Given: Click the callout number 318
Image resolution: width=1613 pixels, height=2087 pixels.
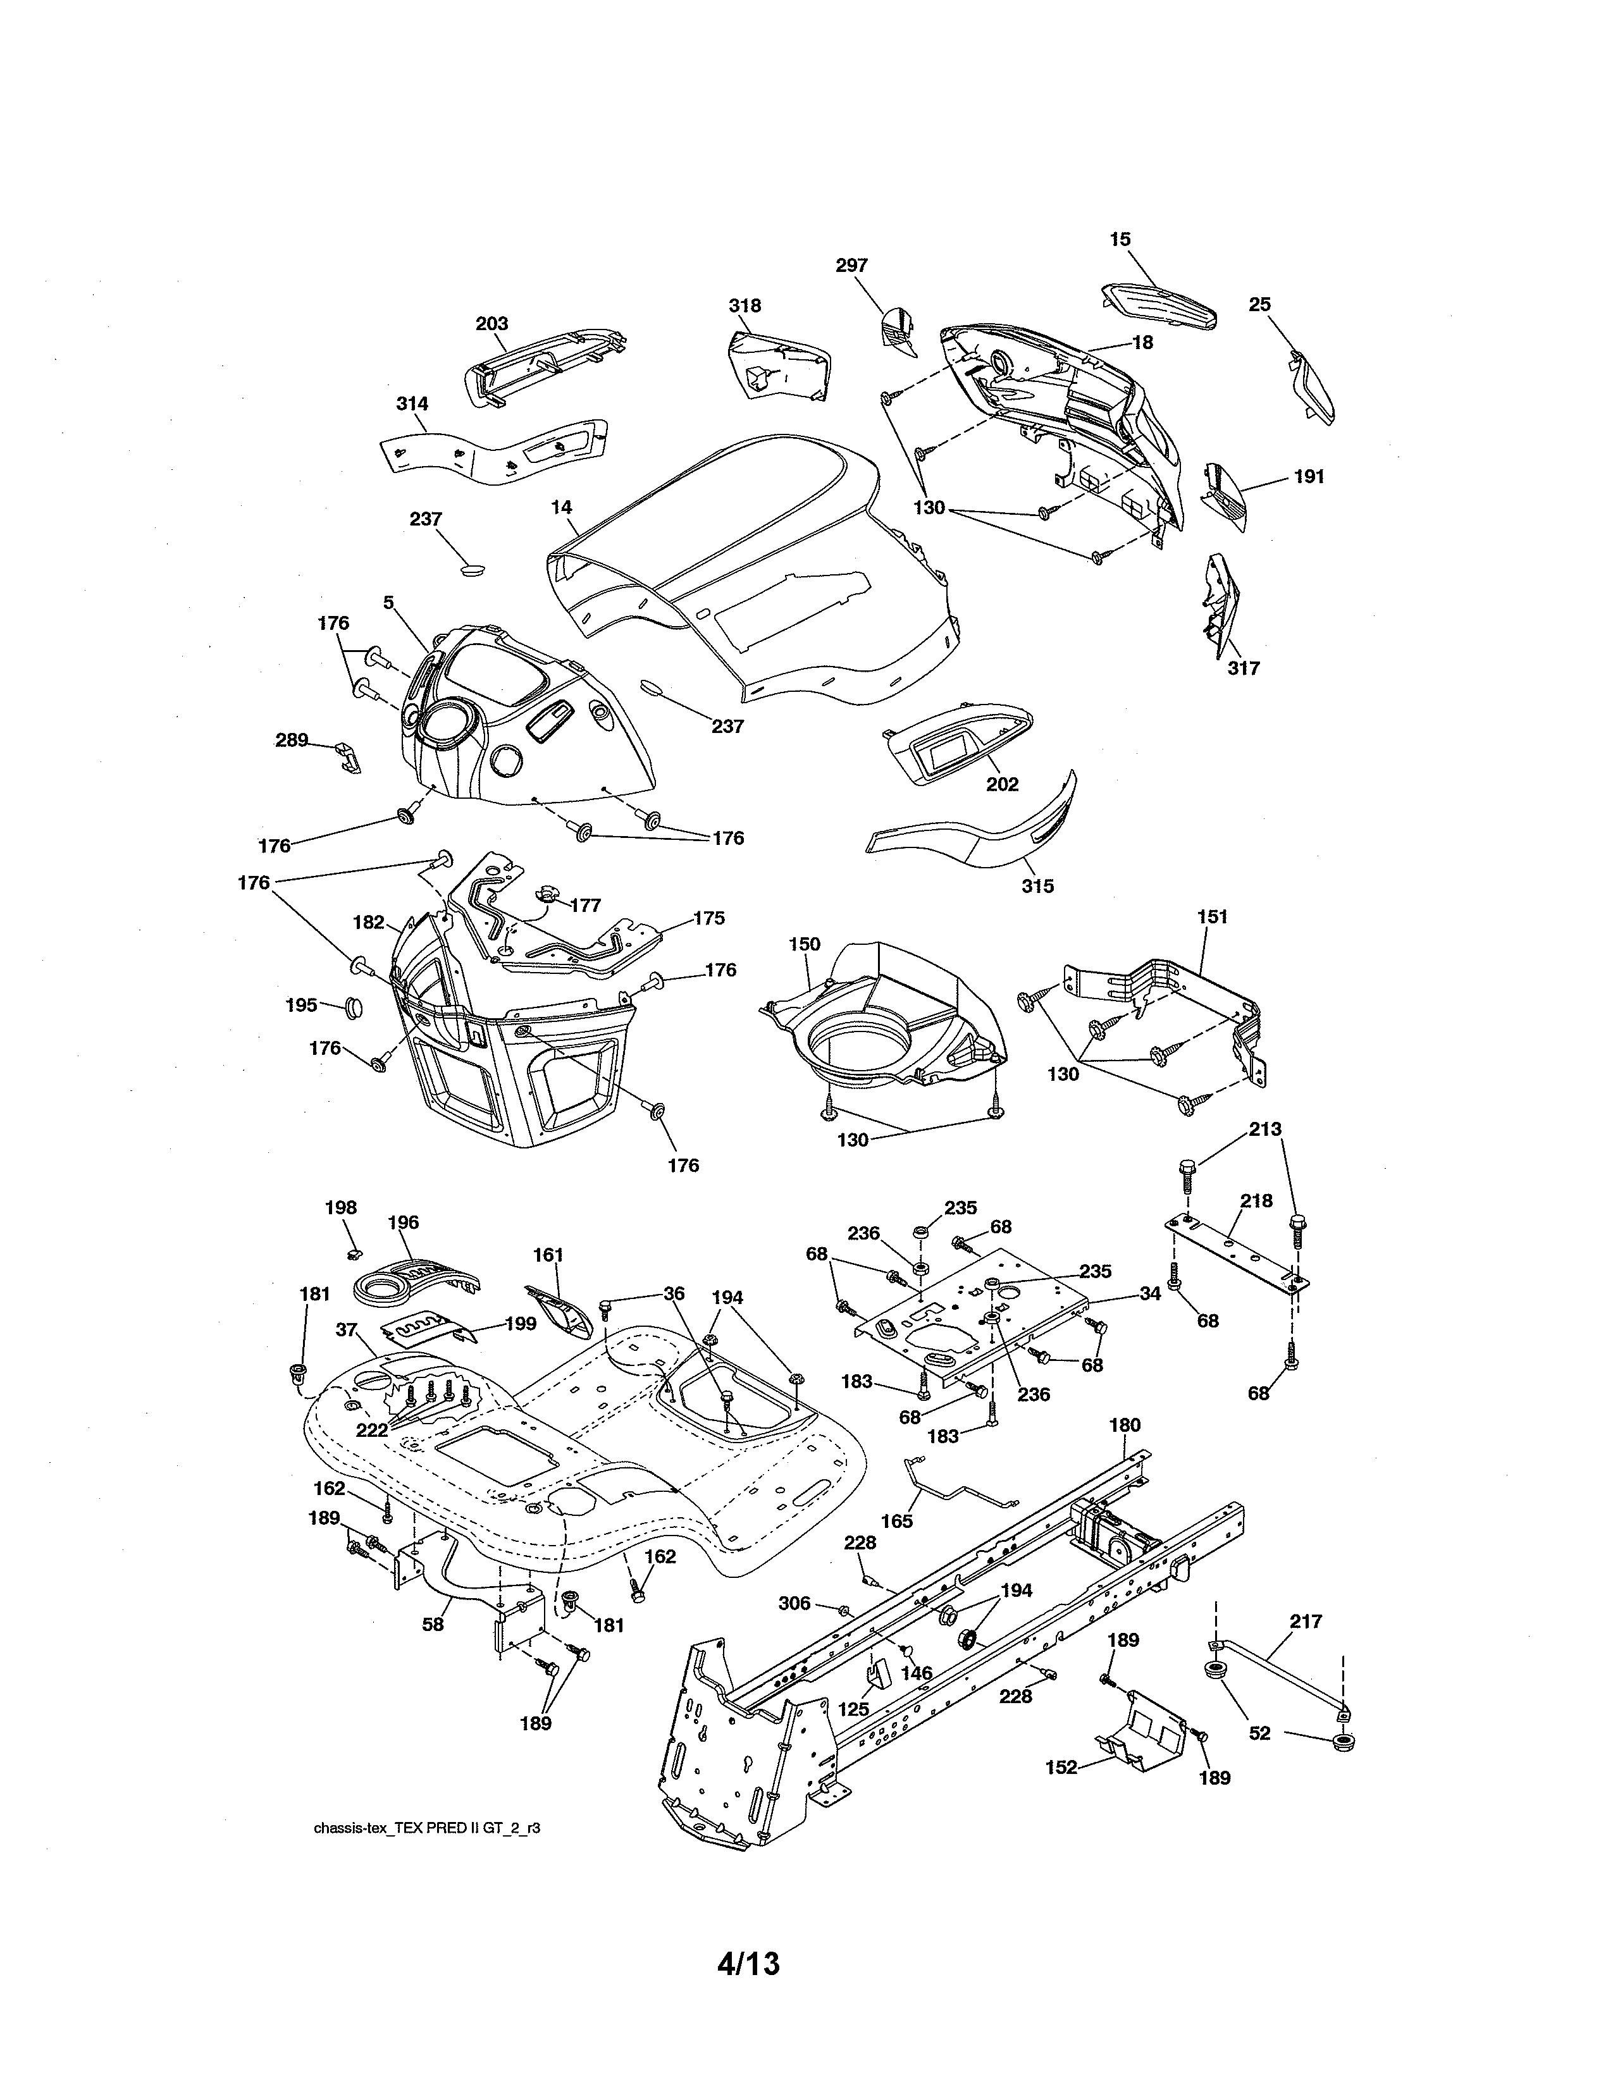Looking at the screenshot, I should coord(745,306).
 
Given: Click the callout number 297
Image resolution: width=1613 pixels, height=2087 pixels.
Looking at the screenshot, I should coord(851,266).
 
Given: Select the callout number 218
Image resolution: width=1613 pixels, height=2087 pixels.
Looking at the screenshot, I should coord(1257,1200).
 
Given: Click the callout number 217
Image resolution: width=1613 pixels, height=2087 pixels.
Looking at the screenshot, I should coord(1306,1621).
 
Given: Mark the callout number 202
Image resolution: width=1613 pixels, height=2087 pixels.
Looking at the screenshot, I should coord(1003,785).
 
